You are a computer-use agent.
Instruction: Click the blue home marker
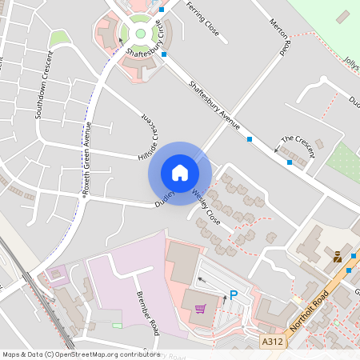(x=180, y=173)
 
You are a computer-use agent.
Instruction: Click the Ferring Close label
(x=202, y=18)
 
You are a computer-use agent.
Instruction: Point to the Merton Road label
(x=279, y=36)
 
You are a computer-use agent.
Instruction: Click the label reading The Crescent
(x=298, y=142)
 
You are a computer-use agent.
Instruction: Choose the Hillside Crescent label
(x=147, y=136)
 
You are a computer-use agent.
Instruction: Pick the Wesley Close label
(x=206, y=205)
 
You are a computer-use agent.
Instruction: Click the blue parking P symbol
(x=234, y=295)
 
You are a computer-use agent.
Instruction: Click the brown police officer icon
(x=338, y=257)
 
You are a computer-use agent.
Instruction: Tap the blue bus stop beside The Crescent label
(x=290, y=162)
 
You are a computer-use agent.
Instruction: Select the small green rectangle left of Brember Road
(x=118, y=326)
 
